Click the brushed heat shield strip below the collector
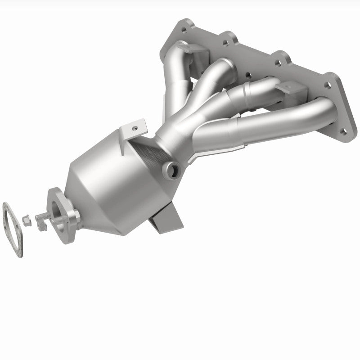point(148,146)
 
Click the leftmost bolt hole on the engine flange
point(184,31)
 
